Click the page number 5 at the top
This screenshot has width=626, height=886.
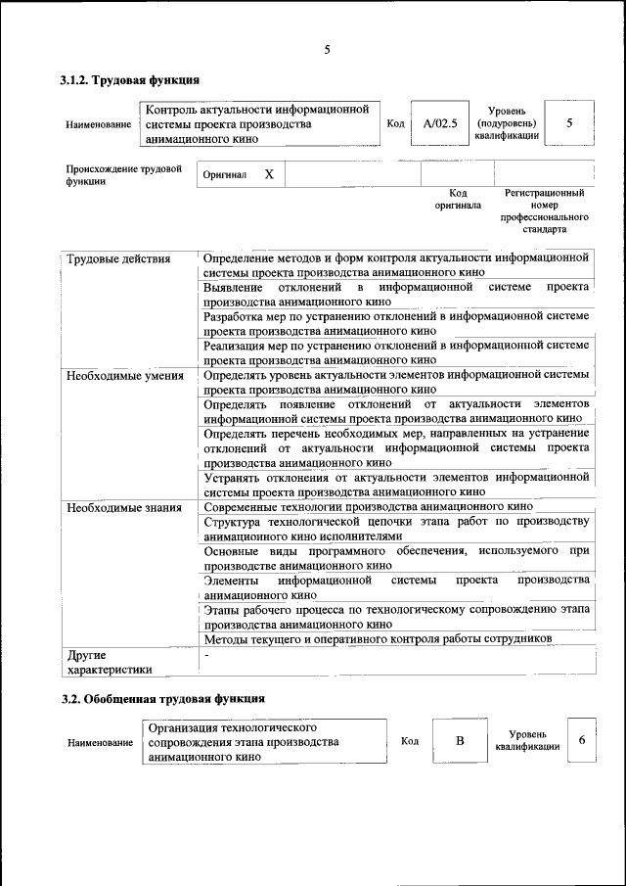[327, 51]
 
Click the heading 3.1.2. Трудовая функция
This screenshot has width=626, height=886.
[130, 80]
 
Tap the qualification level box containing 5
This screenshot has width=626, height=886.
[568, 123]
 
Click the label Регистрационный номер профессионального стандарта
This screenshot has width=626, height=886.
[544, 211]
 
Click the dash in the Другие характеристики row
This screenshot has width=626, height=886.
[207, 654]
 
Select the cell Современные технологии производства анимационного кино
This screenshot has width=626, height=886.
[368, 507]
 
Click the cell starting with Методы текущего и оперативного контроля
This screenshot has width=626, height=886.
[378, 638]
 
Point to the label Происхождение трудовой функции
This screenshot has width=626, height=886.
[123, 175]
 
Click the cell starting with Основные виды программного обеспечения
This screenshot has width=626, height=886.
[397, 558]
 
